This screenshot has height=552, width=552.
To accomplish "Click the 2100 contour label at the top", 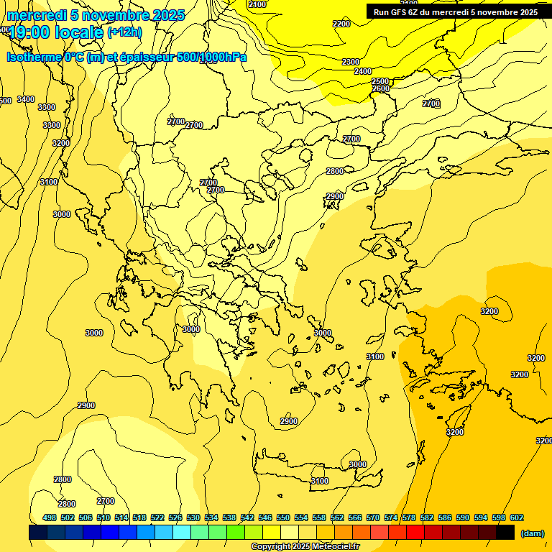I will [257, 4].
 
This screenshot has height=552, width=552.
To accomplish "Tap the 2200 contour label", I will [341, 24].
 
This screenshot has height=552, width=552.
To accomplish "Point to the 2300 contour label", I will [351, 62].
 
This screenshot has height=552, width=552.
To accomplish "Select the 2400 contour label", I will [363, 71].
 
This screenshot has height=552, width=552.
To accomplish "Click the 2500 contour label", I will [380, 81].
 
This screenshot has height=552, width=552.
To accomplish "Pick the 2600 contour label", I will [381, 88].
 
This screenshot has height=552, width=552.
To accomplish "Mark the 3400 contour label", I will [26, 99].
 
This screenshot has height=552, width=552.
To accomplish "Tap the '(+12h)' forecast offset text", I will [124, 32].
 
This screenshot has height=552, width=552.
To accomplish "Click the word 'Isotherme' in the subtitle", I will [34, 57].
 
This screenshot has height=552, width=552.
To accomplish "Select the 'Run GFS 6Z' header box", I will [456, 11].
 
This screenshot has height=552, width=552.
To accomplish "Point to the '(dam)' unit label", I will [532, 533].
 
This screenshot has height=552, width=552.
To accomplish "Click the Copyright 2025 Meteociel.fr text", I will [305, 547].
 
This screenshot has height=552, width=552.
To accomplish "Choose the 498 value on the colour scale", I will [50, 517].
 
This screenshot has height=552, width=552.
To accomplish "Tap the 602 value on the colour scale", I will [517, 517].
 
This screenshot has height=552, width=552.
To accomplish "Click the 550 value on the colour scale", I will [283, 517].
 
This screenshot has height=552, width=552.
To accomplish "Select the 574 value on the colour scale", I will [391, 517].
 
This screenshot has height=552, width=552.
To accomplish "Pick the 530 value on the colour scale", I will [193, 517].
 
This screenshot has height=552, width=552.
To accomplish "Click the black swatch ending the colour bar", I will [505, 533].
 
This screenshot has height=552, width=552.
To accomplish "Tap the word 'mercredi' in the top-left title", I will [35, 15].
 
